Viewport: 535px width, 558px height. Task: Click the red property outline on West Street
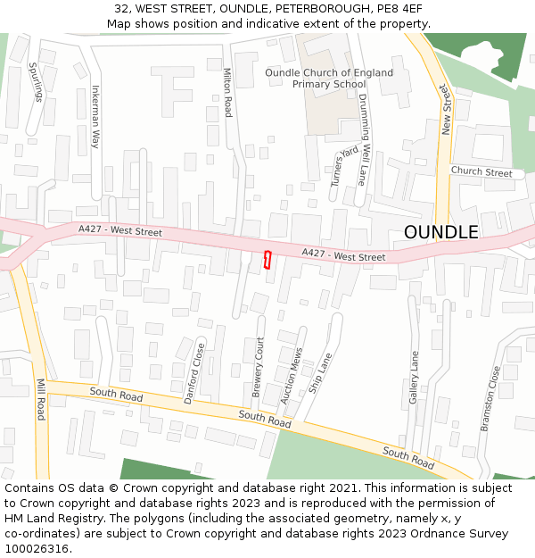pos(267,260)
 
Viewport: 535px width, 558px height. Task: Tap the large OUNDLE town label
pos(440,232)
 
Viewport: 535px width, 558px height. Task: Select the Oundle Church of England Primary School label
pos(329,79)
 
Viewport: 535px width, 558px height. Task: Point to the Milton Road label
pos(227,93)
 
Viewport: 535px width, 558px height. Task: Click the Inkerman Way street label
pos(95,116)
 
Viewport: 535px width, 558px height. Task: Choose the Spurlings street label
pos(36,80)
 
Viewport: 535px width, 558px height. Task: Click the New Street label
pos(446,111)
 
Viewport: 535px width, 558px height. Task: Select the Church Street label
pos(481,172)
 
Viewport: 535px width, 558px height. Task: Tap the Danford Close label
pos(194,373)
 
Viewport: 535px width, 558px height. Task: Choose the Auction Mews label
pos(292,376)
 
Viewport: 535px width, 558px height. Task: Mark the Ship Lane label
pos(319,373)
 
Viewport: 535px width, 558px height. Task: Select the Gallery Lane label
pos(414,377)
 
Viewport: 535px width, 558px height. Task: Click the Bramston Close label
pos(490,399)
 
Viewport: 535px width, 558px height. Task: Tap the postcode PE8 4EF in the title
pos(400,9)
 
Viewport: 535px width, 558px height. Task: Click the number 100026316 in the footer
pos(38,548)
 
